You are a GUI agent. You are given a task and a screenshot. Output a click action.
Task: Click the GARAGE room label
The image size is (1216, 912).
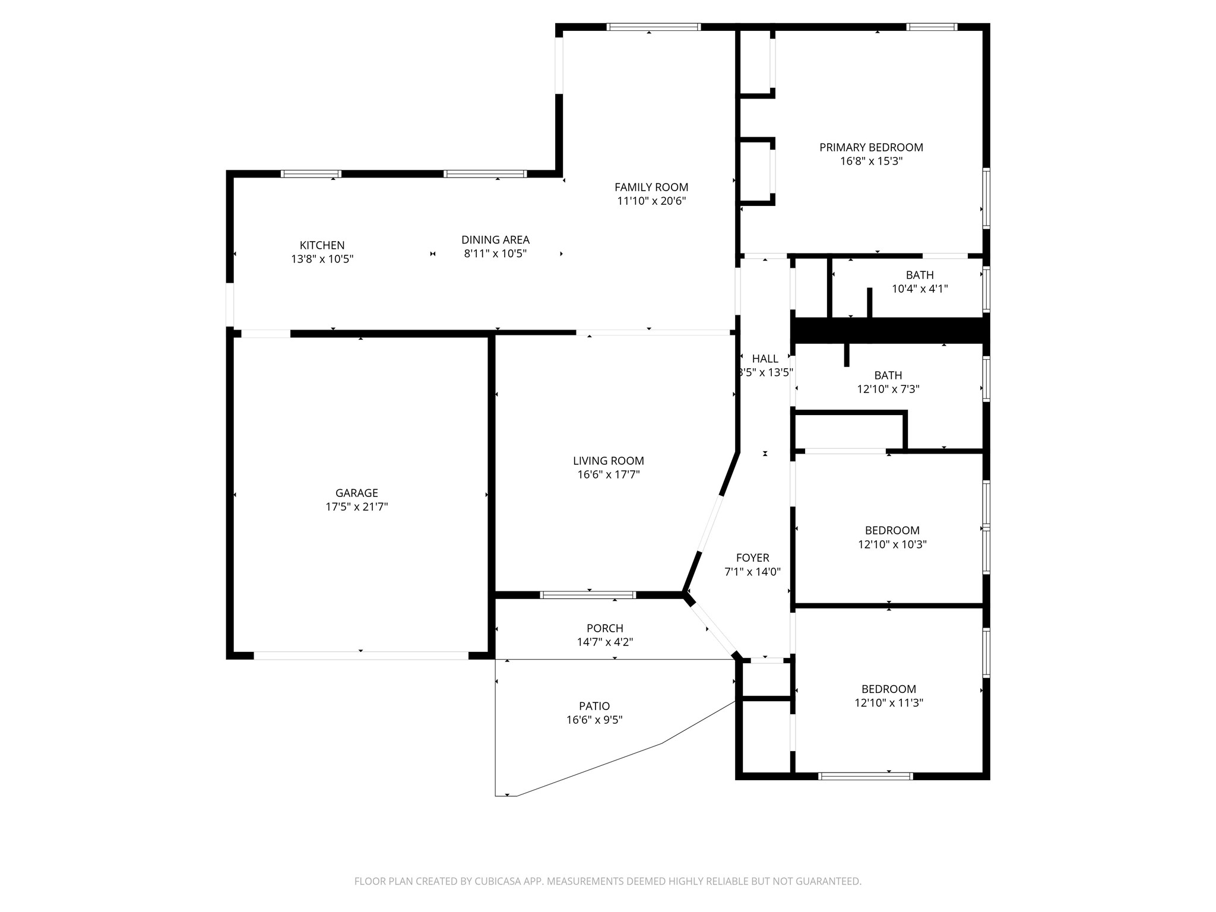(356, 493)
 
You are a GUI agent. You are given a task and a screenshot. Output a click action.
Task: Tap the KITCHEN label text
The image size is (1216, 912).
(322, 245)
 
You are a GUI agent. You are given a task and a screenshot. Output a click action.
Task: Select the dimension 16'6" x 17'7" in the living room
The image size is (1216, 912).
(608, 474)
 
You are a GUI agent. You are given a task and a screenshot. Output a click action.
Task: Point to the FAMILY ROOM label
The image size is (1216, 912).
(651, 187)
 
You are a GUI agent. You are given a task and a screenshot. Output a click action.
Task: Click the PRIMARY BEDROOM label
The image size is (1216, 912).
(871, 147)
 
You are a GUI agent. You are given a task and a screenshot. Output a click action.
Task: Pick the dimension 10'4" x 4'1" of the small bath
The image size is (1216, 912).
(919, 289)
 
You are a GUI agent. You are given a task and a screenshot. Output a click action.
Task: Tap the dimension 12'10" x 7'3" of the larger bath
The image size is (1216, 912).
(888, 389)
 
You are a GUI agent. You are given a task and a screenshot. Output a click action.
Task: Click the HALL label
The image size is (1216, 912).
(765, 359)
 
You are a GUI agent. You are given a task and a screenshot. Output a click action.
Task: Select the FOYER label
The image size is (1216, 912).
(752, 558)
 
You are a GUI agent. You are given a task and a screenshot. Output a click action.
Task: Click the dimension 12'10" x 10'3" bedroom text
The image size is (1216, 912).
(892, 544)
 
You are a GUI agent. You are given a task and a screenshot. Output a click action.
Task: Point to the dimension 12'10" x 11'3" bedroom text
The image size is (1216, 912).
(888, 703)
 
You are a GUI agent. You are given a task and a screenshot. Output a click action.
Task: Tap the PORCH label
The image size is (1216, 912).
(604, 628)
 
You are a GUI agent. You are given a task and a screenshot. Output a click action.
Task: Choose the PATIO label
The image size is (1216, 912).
(594, 706)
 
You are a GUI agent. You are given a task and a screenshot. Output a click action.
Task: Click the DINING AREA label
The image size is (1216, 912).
(495, 240)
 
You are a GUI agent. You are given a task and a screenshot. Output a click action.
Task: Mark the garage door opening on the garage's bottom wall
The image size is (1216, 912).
(361, 655)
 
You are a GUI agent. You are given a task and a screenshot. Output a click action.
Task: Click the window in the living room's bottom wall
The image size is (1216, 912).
(588, 594)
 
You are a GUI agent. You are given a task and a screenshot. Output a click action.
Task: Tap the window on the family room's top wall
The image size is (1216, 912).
(653, 27)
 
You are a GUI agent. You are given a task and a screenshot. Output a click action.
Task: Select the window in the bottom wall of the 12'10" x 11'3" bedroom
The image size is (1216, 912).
(865, 776)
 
